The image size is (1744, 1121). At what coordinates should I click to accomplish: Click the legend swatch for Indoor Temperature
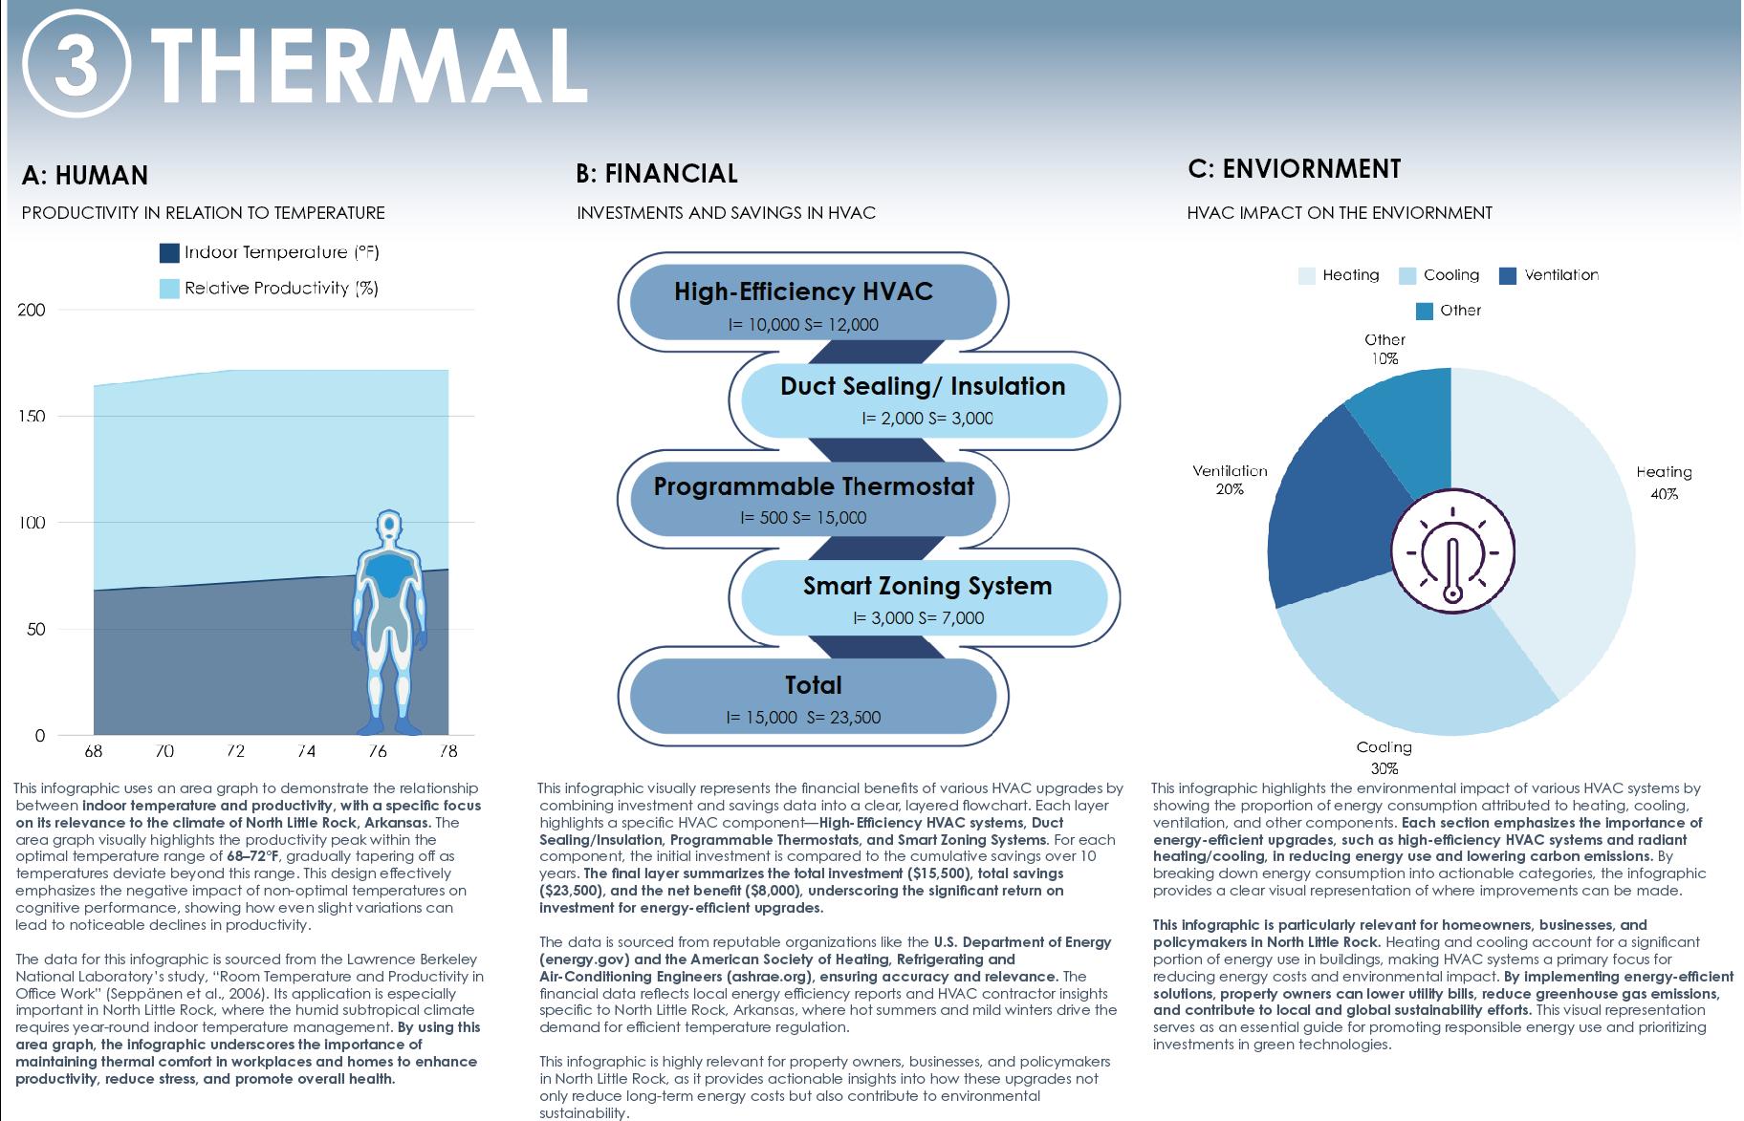click(x=169, y=253)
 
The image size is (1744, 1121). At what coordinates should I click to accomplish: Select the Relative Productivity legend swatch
click(x=169, y=289)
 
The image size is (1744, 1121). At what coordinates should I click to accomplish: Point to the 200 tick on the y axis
click(x=33, y=310)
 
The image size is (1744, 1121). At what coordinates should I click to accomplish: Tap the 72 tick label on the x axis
click(x=235, y=751)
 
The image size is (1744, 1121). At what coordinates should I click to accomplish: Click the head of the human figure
click(x=388, y=526)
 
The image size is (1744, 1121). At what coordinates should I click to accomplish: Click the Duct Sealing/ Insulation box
click(x=922, y=399)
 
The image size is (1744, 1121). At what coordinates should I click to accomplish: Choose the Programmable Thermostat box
click(x=813, y=498)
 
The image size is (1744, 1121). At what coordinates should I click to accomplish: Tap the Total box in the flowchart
click(x=813, y=698)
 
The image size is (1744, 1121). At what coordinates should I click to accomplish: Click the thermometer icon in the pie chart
click(x=1452, y=553)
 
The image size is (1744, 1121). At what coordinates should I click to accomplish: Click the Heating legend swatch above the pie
click(x=1307, y=276)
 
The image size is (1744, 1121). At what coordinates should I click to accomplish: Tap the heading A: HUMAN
click(x=85, y=176)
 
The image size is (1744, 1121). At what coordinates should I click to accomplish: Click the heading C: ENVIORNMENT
click(x=1294, y=169)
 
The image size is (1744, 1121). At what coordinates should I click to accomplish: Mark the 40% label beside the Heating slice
click(x=1664, y=494)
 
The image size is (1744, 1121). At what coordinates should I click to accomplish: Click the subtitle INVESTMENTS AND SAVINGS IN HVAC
click(x=726, y=213)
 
